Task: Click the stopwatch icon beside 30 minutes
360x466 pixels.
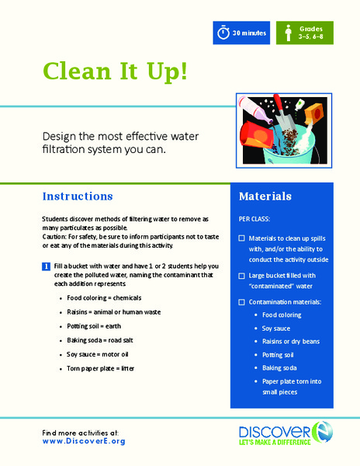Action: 224,33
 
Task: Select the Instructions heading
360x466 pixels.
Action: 78,196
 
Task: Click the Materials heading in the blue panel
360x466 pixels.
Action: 265,196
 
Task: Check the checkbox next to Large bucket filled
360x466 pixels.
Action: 243,275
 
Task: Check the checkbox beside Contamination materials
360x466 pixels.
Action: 243,301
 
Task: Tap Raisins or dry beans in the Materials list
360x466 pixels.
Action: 296,341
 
